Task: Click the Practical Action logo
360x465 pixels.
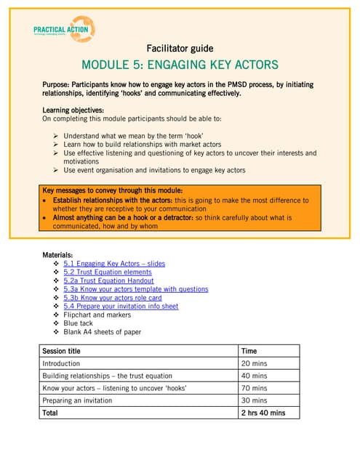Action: (64, 29)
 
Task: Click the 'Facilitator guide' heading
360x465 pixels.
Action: (180, 49)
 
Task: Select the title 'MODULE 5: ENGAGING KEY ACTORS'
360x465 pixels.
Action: (180, 65)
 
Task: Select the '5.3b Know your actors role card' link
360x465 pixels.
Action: (112, 298)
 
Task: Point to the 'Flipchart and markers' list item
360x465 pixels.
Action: (97, 315)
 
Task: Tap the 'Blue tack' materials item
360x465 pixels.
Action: (78, 323)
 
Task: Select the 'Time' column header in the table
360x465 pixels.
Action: (249, 350)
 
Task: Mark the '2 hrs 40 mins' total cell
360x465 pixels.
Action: (263, 413)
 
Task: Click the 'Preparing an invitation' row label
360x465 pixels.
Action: (77, 400)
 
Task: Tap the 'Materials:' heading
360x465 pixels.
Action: (58, 255)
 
